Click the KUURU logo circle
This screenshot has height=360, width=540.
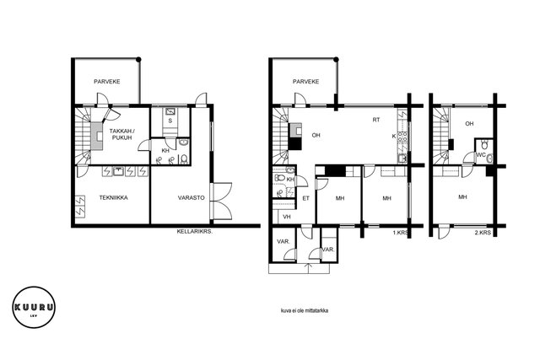pyautogui.click(x=34, y=288)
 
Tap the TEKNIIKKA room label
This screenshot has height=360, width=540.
pyautogui.click(x=114, y=197)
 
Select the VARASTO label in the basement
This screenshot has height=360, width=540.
pyautogui.click(x=192, y=197)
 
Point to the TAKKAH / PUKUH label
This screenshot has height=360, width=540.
pyautogui.click(x=121, y=134)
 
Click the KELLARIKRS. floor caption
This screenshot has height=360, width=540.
pyautogui.click(x=195, y=232)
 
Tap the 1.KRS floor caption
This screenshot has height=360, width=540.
pyautogui.click(x=400, y=233)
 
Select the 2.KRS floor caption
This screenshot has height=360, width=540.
pyautogui.click(x=483, y=233)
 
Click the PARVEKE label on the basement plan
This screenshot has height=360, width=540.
pyautogui.click(x=107, y=82)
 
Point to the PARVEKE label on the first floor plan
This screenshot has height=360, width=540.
pyautogui.click(x=305, y=82)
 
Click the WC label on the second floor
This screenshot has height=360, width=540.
pyautogui.click(x=481, y=155)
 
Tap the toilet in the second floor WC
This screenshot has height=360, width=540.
pyautogui.click(x=485, y=144)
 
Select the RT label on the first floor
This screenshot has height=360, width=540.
pyautogui.click(x=376, y=120)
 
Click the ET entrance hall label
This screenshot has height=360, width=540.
pyautogui.click(x=305, y=198)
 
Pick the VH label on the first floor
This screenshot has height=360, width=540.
pyautogui.click(x=287, y=217)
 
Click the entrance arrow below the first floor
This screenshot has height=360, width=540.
pyautogui.click(x=308, y=268)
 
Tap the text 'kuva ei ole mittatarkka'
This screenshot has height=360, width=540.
pyautogui.click(x=305, y=310)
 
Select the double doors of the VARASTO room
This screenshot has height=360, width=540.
pyautogui.click(x=223, y=201)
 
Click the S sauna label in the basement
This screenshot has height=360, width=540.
pyautogui.click(x=170, y=121)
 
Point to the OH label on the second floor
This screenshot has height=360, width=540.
pyautogui.click(x=469, y=124)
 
